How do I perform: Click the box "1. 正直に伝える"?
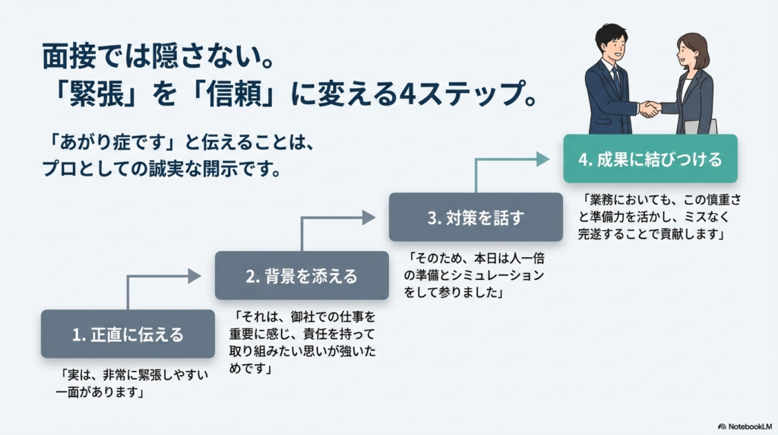click(x=128, y=334)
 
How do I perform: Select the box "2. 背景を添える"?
click(x=302, y=276)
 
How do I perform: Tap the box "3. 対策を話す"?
click(x=476, y=217)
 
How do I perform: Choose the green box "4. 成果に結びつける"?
click(x=650, y=159)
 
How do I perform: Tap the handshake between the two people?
click(x=649, y=109)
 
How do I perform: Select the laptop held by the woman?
click(x=700, y=127)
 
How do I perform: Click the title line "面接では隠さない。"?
click(x=155, y=58)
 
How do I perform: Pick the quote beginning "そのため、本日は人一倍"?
click(x=475, y=275)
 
